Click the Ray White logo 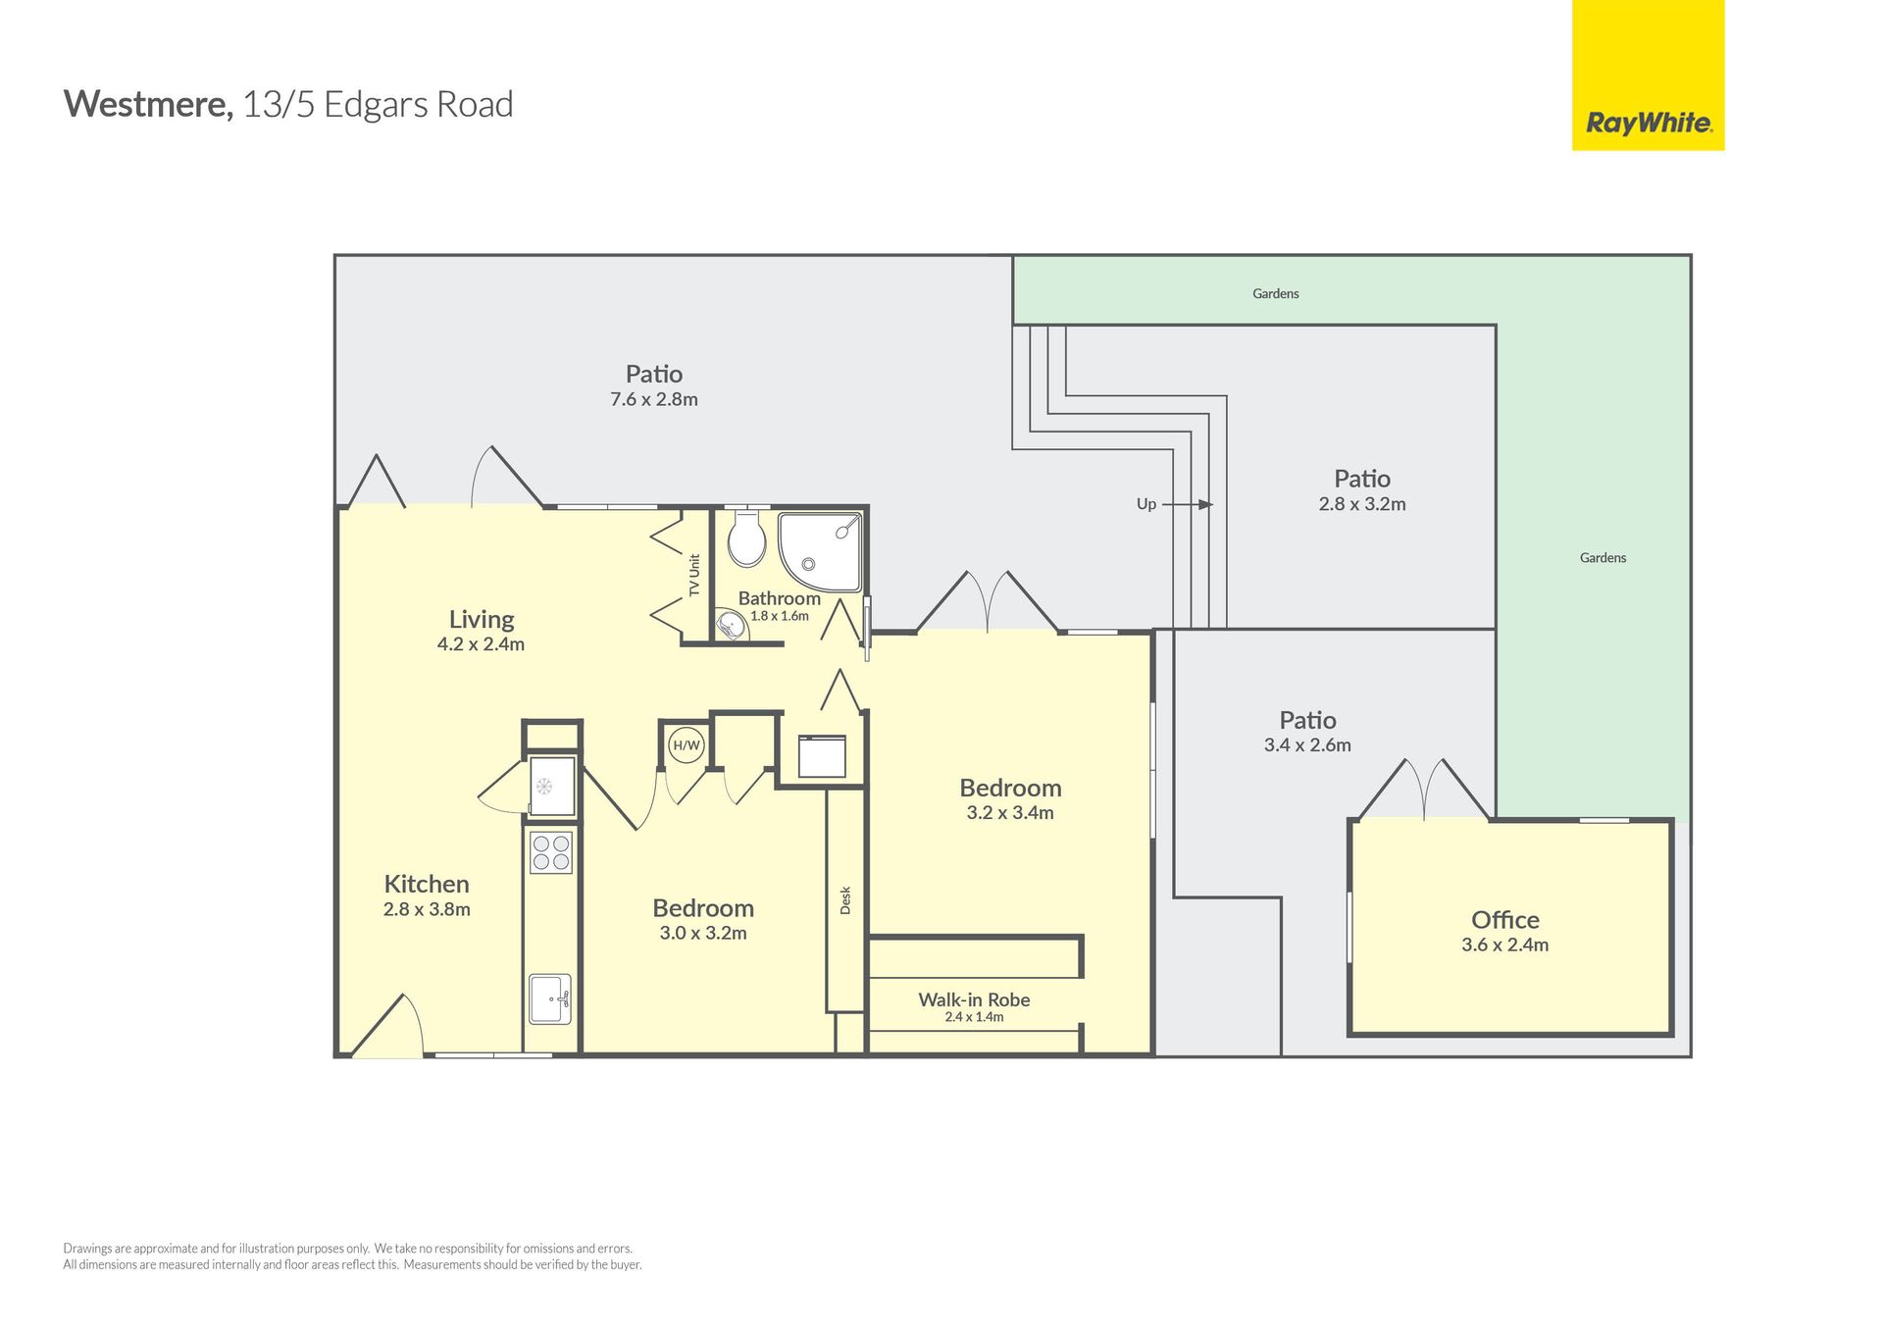(1648, 76)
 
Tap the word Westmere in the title (148, 104)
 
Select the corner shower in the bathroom (820, 553)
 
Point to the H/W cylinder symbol (687, 745)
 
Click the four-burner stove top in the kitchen (551, 851)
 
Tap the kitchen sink (550, 998)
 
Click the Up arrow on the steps (1188, 504)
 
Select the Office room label (1504, 920)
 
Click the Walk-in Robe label (974, 999)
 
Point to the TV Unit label (694, 576)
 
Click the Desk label (845, 900)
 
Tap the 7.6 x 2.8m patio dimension (654, 399)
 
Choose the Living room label (482, 619)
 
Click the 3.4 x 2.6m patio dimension (1307, 744)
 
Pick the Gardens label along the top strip (1275, 293)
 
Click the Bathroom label (780, 598)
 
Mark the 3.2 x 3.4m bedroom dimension (1010, 812)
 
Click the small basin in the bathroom (731, 625)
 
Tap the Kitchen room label (427, 884)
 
